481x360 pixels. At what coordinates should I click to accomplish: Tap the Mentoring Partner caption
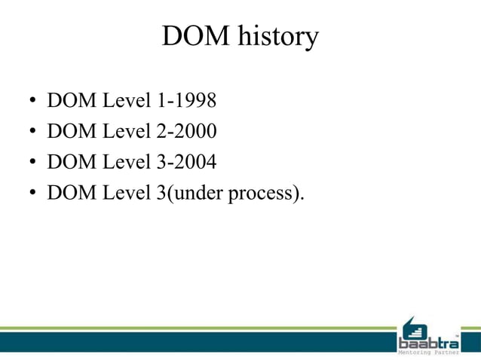point(429,352)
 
